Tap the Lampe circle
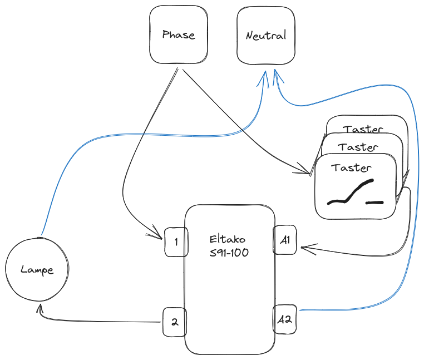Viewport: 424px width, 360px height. (x=37, y=270)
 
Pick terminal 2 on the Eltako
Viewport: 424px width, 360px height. (x=174, y=322)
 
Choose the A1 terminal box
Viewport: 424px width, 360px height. (x=285, y=240)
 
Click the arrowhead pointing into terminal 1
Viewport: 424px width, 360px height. (x=157, y=237)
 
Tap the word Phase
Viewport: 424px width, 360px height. (x=179, y=35)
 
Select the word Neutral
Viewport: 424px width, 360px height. (x=265, y=36)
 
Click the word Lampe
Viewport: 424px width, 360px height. (x=37, y=270)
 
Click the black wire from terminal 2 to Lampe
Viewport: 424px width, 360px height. (x=100, y=322)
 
